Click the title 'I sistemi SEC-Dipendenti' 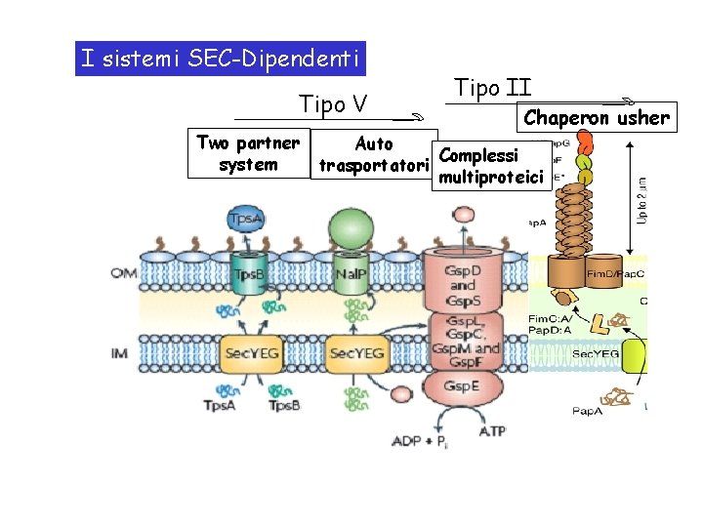[222, 59]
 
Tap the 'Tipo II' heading [493, 89]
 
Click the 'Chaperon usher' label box [597, 118]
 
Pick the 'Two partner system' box [248, 154]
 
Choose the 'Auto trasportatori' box [374, 155]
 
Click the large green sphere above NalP [350, 230]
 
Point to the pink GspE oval [462, 386]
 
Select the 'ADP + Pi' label [420, 441]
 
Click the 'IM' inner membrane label [119, 351]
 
